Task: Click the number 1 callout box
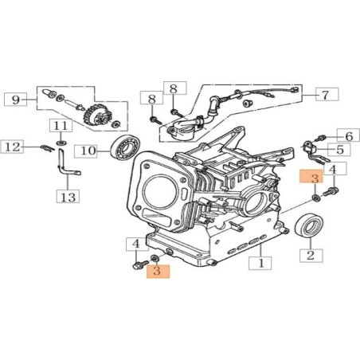pos(260,260)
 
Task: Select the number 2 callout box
pos(310,256)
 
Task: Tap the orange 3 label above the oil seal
pos(315,178)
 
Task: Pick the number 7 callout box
pos(323,95)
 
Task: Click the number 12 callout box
pos(14,147)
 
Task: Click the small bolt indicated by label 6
pos(322,138)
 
